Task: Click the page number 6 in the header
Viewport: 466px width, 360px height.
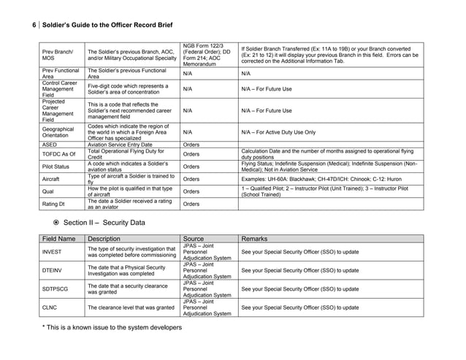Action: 34,25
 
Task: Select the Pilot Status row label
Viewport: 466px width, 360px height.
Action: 56,166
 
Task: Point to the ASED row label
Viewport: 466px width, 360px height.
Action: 50,145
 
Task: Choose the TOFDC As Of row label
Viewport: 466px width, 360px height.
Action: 58,154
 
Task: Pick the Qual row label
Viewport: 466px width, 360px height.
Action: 49,190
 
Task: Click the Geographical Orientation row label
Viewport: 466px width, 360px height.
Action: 58,132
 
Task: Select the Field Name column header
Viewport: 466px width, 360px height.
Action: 59,238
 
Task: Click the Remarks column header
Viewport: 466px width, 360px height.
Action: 258,238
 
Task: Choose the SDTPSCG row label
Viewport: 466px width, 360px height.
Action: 56,289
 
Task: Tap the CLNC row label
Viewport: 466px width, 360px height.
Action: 50,307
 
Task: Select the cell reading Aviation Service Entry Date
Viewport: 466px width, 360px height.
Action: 124,145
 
